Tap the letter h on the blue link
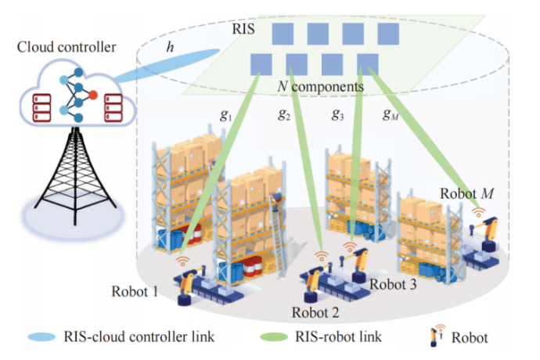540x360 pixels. [x=170, y=47]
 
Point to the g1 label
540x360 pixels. [x=227, y=115]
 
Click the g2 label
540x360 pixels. [x=283, y=115]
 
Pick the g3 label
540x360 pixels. [x=337, y=115]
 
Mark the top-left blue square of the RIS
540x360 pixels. [x=283, y=34]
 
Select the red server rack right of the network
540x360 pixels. [x=113, y=107]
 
